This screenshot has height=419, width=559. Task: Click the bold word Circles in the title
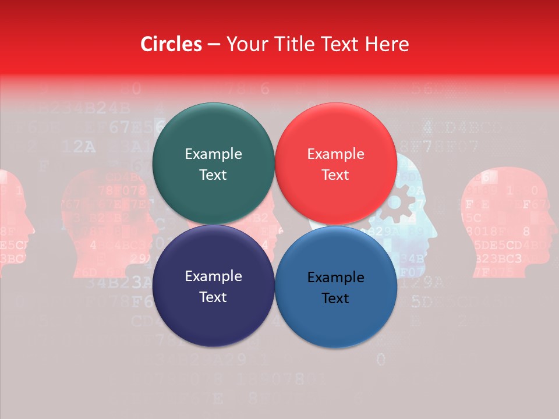click(x=171, y=44)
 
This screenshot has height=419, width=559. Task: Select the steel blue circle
click(x=336, y=314)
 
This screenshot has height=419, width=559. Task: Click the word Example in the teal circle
click(x=213, y=154)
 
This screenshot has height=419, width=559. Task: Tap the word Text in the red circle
click(x=335, y=175)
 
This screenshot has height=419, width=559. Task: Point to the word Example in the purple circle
click(x=213, y=276)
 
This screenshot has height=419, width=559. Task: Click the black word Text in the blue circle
click(x=335, y=299)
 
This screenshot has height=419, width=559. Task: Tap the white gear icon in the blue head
click(x=401, y=204)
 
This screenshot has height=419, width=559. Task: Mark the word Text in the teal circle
click(x=213, y=175)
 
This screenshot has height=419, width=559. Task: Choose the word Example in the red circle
click(x=335, y=154)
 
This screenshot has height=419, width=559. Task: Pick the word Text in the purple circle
click(x=213, y=297)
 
